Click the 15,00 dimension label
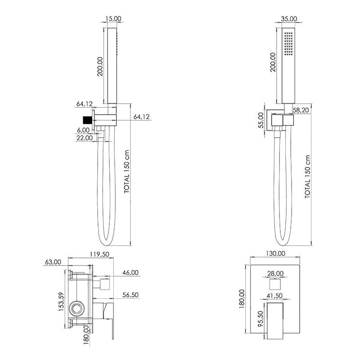[x=113, y=18]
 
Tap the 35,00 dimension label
[x=289, y=18]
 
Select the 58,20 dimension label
[x=301, y=110]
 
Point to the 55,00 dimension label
[x=261, y=120]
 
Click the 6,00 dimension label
[x=83, y=130]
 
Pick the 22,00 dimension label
[x=85, y=138]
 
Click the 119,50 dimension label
[x=99, y=254]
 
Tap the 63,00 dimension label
[x=53, y=262]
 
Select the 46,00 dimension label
[x=130, y=273]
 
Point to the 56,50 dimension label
[x=130, y=295]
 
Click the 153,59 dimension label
[x=61, y=301]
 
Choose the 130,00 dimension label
[x=275, y=253]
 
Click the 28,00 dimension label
[x=275, y=274]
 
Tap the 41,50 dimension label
[x=274, y=296]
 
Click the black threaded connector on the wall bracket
[x=87, y=120]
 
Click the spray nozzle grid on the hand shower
[x=288, y=44]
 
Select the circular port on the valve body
[x=76, y=308]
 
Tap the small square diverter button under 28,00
[x=275, y=284]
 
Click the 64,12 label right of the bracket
[x=141, y=117]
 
